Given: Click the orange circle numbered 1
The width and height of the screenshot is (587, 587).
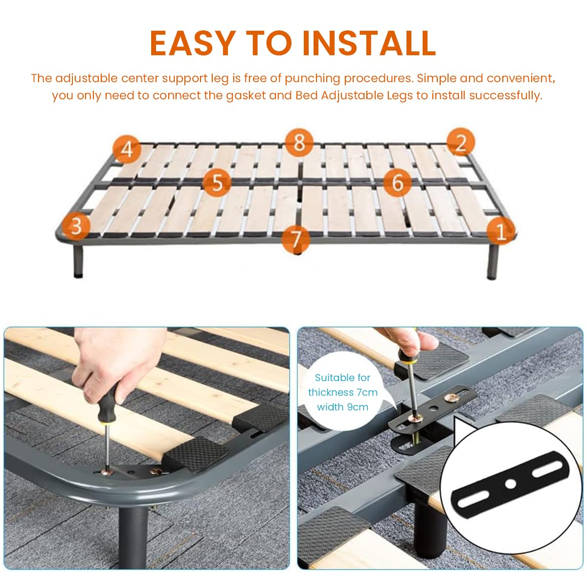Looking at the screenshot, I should click(x=501, y=230).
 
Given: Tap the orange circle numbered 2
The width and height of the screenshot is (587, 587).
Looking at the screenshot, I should click(x=460, y=142).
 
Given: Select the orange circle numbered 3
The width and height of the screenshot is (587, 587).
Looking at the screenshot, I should click(x=76, y=226).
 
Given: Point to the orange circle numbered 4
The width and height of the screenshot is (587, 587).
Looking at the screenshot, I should click(x=127, y=148).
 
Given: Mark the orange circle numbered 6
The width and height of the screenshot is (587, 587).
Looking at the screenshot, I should click(x=398, y=182).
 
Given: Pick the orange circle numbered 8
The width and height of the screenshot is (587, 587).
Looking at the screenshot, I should click(x=299, y=143).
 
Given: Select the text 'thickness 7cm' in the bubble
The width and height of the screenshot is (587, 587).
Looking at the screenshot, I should click(x=342, y=392).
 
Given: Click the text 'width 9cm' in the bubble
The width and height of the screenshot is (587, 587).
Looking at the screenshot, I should click(x=342, y=407).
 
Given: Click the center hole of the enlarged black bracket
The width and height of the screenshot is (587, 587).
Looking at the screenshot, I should click(x=511, y=484).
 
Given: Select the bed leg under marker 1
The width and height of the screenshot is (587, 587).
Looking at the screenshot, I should click(x=493, y=262).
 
